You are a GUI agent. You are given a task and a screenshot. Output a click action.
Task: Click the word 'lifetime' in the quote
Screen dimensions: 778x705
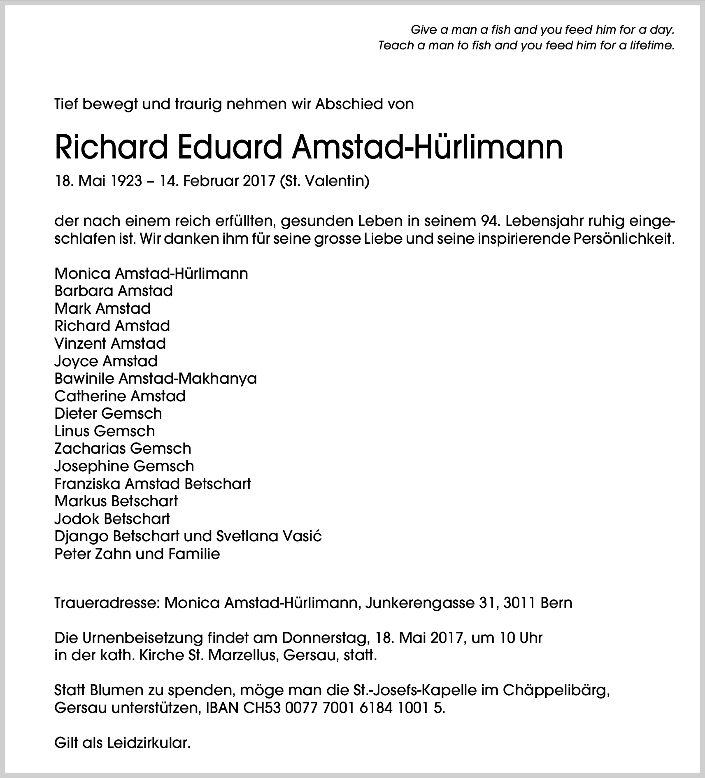tap(651, 45)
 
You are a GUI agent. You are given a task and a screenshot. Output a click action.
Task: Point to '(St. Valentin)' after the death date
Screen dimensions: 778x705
tap(324, 181)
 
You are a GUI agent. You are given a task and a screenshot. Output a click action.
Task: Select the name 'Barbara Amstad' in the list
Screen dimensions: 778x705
tap(114, 291)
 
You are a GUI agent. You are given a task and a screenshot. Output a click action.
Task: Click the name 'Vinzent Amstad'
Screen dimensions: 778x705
tap(110, 343)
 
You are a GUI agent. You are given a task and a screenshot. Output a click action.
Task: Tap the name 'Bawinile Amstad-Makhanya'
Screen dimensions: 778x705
tap(156, 378)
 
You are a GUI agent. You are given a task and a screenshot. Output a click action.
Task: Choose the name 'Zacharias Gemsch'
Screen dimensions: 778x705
tap(123, 448)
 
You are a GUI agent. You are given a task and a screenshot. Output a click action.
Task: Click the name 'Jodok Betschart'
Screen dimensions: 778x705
tap(112, 519)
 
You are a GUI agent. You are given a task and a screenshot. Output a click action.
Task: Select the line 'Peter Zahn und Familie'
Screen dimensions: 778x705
tap(137, 554)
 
